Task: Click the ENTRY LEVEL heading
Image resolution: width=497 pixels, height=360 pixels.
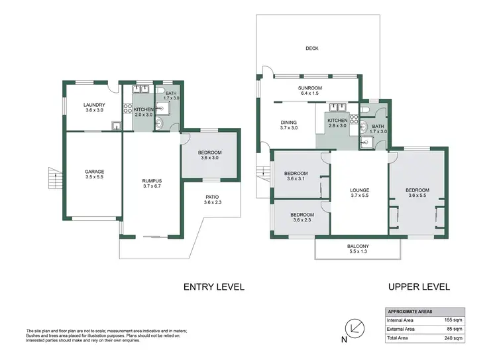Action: click(214, 287)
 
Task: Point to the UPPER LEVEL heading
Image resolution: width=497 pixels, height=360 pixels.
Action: click(419, 287)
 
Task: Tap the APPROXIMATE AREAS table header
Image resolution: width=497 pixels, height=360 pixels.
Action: click(411, 311)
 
